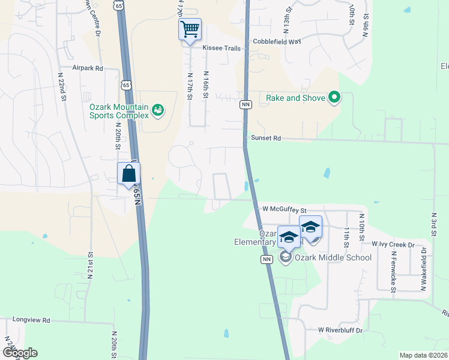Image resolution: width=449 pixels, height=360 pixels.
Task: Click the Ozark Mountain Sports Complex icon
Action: pyautogui.click(x=157, y=109)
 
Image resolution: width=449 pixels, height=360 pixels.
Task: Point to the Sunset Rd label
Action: pyautogui.click(x=266, y=138)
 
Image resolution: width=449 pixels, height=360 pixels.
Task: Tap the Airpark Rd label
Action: pyautogui.click(x=88, y=69)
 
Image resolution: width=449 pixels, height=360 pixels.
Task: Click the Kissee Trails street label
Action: pyautogui.click(x=221, y=48)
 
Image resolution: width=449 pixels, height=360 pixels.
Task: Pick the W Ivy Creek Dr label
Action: pyautogui.click(x=393, y=245)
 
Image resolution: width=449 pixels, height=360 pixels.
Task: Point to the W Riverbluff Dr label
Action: pyautogui.click(x=341, y=331)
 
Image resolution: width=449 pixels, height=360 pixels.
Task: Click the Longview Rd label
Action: pyautogui.click(x=31, y=321)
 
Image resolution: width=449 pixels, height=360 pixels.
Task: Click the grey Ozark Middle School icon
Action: pyautogui.click(x=285, y=257)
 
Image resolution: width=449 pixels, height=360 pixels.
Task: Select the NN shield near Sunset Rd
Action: pyautogui.click(x=245, y=104)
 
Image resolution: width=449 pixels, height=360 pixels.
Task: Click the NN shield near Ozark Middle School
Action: pyautogui.click(x=266, y=259)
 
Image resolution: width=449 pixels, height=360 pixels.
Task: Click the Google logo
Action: pyautogui.click(x=20, y=353)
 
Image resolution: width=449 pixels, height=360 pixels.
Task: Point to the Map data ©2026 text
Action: pyautogui.click(x=423, y=355)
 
